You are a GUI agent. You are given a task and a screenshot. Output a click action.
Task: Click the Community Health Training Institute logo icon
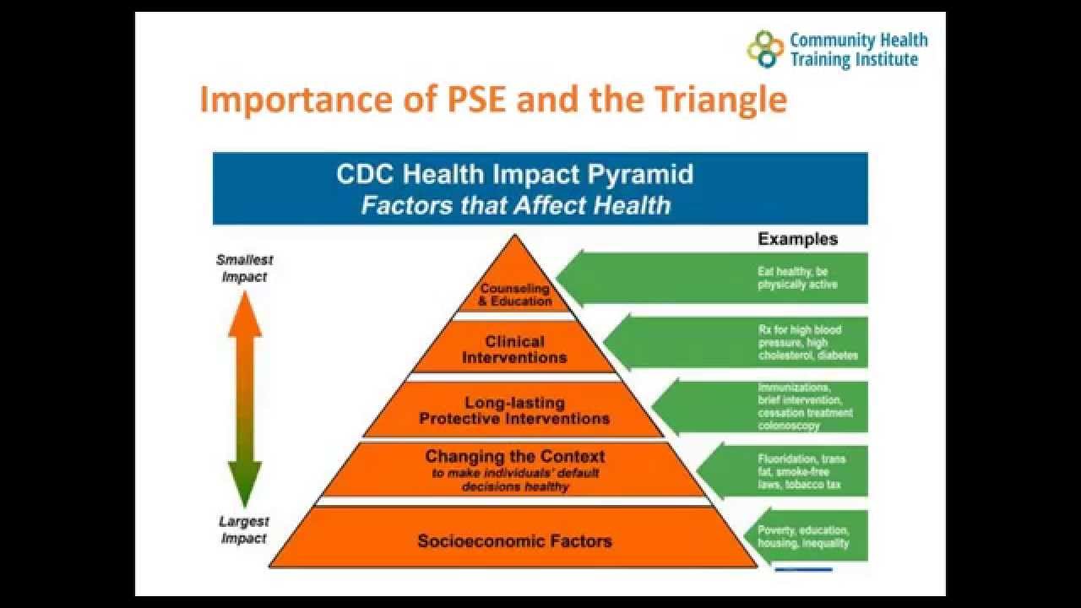click(x=765, y=49)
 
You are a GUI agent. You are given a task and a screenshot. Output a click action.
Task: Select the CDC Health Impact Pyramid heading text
click(x=515, y=174)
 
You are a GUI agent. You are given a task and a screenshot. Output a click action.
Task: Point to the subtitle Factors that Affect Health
click(x=515, y=205)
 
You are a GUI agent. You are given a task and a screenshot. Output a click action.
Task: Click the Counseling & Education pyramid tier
click(x=515, y=295)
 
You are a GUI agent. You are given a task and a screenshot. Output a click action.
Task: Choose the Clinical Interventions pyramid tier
click(x=514, y=350)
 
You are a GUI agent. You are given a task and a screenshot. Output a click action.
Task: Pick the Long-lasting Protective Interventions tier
click(x=514, y=410)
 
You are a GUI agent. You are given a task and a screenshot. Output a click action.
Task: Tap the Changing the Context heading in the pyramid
click(x=515, y=457)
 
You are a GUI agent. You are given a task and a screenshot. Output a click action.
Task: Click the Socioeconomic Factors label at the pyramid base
click(x=514, y=540)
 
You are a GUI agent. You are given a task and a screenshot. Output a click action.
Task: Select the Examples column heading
click(x=797, y=239)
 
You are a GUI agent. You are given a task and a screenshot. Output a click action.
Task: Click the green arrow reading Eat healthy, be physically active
click(x=726, y=279)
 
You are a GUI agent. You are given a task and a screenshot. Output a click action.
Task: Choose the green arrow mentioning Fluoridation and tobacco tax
click(x=785, y=472)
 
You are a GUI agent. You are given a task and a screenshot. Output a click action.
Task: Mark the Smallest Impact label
click(x=245, y=268)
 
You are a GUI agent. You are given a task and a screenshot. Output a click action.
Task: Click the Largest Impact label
click(x=244, y=530)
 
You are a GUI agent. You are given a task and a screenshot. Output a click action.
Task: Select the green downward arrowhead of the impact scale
click(x=245, y=486)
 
